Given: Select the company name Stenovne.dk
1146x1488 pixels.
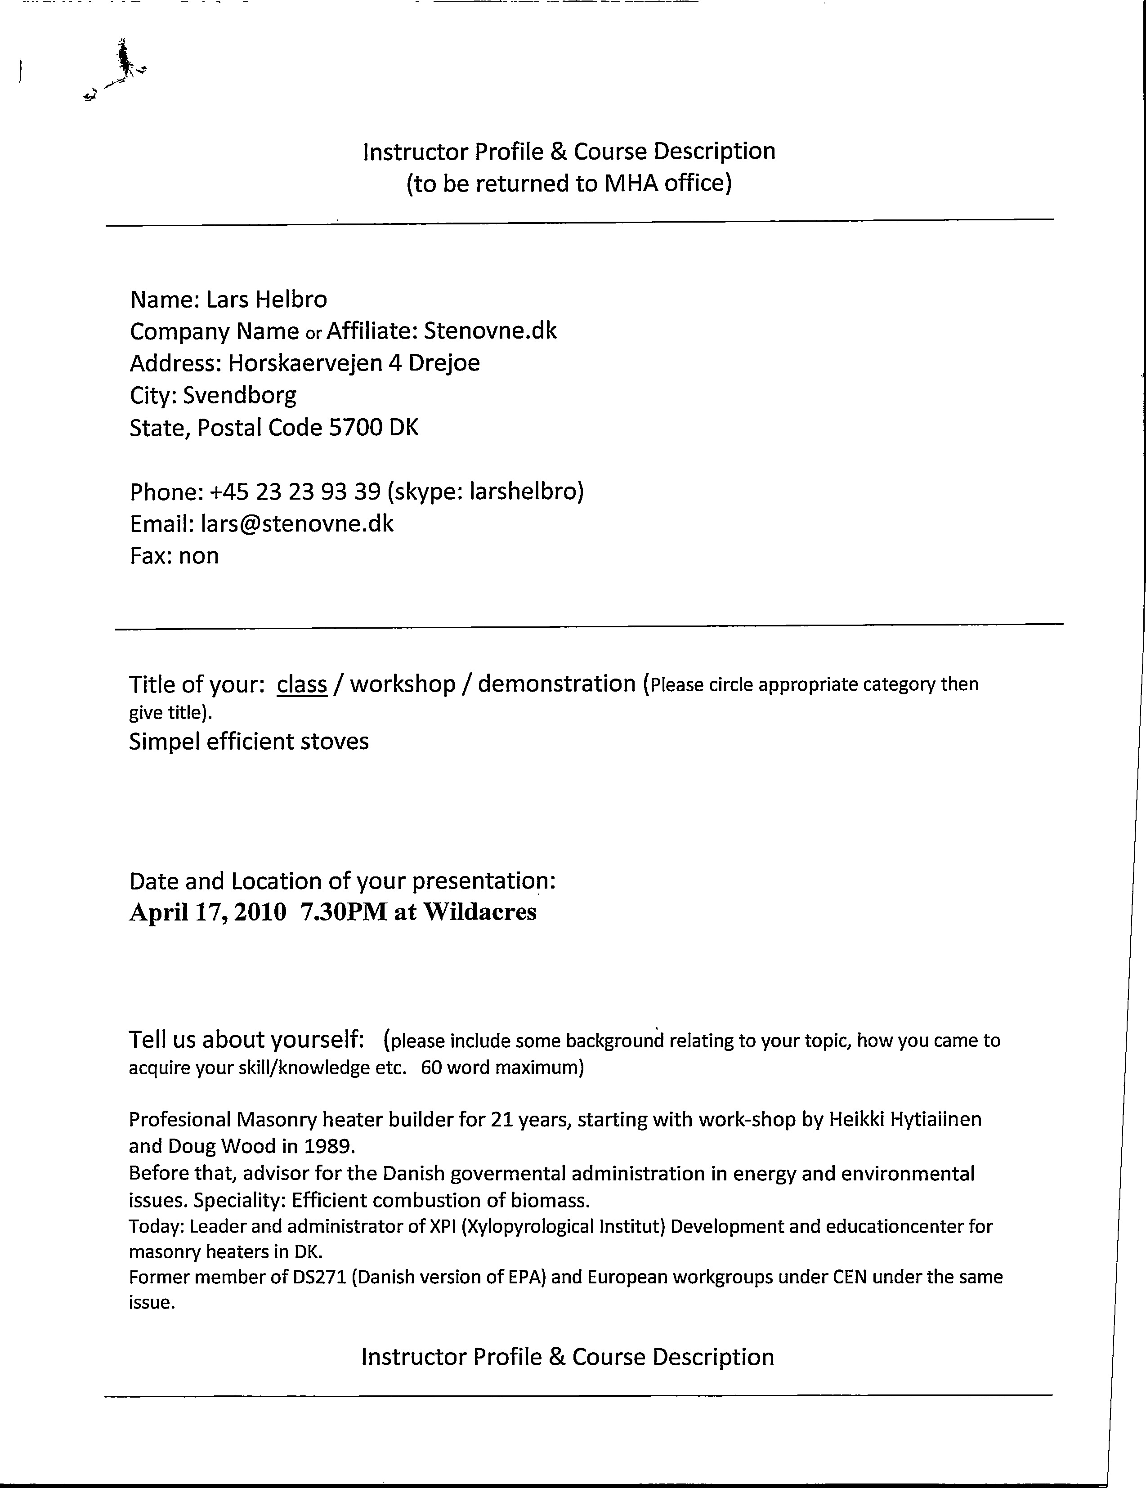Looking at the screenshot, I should coord(490,331).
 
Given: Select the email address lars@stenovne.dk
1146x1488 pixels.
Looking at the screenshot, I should coord(296,524).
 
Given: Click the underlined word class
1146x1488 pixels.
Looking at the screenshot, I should coord(302,684).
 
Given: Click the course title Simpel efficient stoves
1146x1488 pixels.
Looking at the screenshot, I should coord(249,741).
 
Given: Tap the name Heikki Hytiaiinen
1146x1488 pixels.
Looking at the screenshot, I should coord(905,1119).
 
